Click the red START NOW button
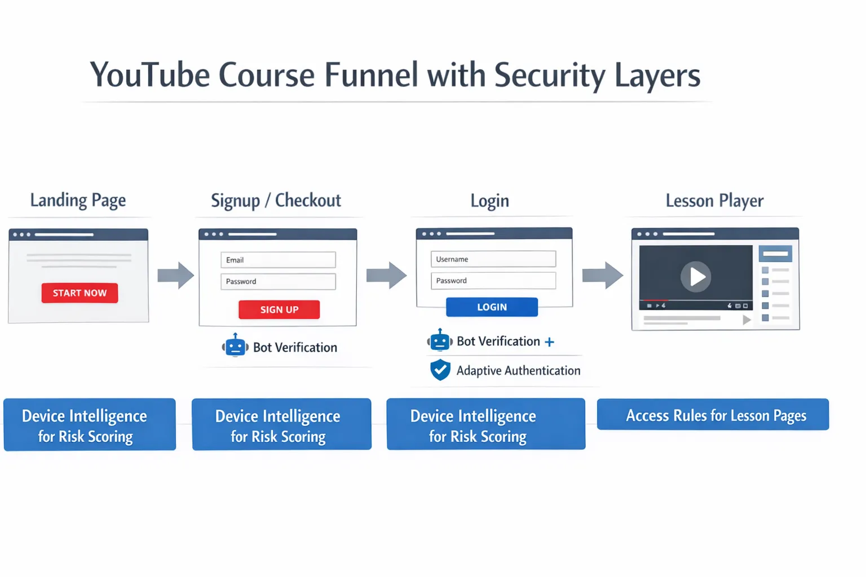[79, 293]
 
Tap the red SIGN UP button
[279, 309]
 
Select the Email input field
[278, 260]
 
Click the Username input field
[493, 259]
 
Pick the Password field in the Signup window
[278, 281]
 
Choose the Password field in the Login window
[493, 281]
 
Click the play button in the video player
[696, 277]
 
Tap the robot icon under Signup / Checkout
[235, 345]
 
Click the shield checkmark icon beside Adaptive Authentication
[440, 370]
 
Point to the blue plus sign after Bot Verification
[549, 342]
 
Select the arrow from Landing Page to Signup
[175, 276]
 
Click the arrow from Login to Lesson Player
[602, 276]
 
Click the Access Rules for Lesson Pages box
[713, 415]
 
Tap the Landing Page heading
[78, 201]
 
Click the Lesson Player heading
[714, 201]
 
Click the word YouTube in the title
[149, 76]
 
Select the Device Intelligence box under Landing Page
[90, 425]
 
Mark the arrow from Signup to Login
[386, 276]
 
